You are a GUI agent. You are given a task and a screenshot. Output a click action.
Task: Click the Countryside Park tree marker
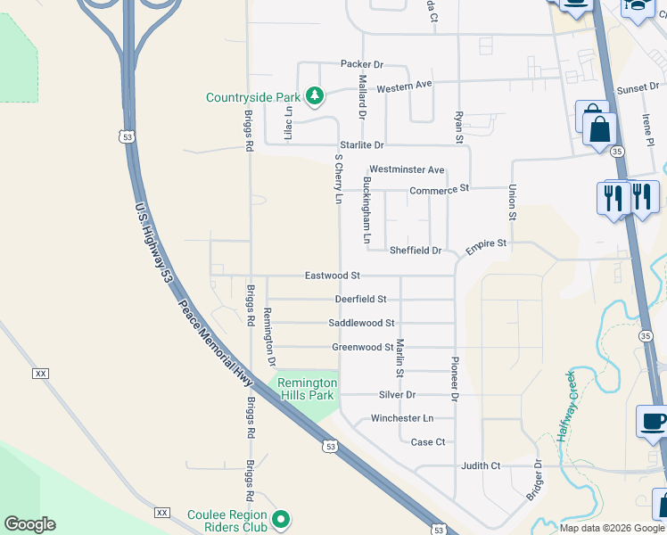[x=314, y=95]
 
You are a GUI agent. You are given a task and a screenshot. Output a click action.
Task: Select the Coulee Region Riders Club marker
[x=282, y=518]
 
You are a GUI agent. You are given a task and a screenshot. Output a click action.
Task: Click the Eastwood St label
[x=332, y=276]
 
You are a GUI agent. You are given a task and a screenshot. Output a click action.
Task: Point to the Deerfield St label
[x=360, y=300]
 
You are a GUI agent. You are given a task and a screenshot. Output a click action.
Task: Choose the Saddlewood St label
[x=361, y=323]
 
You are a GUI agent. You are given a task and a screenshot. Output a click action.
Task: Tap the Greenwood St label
[x=362, y=347]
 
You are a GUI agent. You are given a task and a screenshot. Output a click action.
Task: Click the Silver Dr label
[x=397, y=394]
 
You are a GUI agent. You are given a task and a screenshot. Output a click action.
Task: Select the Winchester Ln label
[x=401, y=418]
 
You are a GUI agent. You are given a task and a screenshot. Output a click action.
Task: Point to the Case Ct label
[x=427, y=442]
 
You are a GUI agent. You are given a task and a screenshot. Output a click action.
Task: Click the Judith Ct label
[x=481, y=465]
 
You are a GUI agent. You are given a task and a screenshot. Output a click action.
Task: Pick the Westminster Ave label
[x=407, y=169]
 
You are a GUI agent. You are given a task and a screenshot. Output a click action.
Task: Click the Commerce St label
[x=439, y=190]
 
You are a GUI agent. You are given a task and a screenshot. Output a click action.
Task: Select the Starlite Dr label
[x=360, y=145]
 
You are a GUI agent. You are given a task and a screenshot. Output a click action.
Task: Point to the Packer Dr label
[x=361, y=64]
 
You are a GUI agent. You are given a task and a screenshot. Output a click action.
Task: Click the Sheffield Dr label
[x=416, y=251]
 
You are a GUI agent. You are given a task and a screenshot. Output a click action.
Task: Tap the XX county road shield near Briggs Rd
[x=161, y=512]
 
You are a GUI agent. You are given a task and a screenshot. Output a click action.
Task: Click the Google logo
[x=29, y=524]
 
